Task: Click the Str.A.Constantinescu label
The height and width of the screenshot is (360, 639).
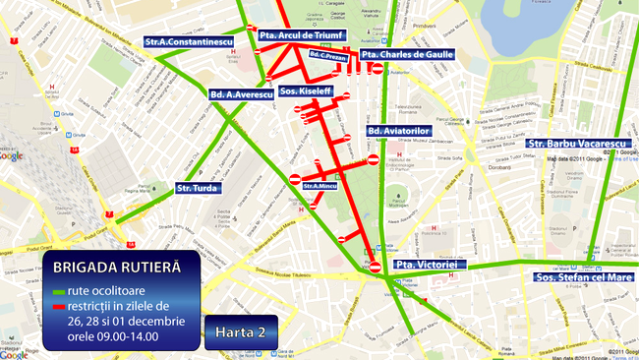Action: (x=187, y=42)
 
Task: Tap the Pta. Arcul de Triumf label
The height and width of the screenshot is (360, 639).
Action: (x=301, y=35)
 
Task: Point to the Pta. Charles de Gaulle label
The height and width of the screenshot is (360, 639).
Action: (x=406, y=54)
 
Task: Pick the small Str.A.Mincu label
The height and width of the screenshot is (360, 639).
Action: (x=320, y=185)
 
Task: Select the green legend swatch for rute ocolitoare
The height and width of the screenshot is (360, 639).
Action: (x=60, y=292)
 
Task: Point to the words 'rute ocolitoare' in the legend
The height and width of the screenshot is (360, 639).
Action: (x=107, y=291)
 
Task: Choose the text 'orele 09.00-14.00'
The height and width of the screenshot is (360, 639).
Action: (x=113, y=337)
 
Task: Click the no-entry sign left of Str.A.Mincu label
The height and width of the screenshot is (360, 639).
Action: (x=296, y=179)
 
